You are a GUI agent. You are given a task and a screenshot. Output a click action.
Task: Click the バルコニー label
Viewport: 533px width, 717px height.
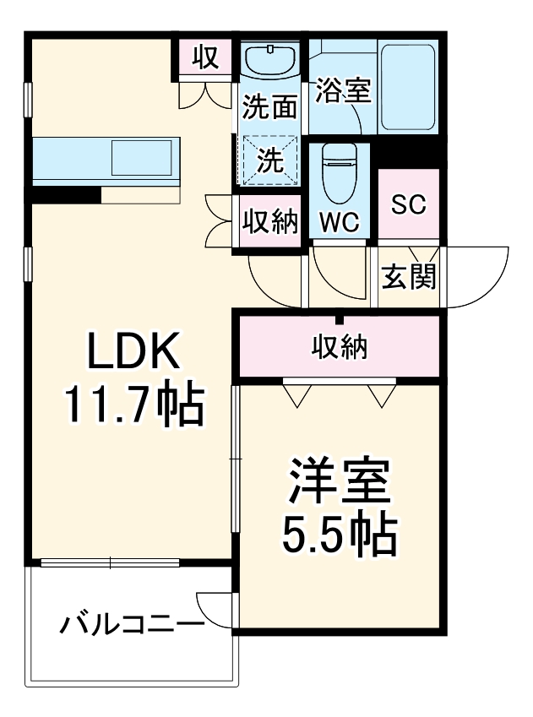click(131, 625)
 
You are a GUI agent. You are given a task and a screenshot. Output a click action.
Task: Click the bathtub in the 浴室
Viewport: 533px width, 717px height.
click(408, 88)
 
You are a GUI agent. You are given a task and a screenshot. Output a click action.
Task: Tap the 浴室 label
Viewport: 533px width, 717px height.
click(343, 91)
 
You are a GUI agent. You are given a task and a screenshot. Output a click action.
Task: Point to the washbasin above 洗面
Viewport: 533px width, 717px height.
click(270, 61)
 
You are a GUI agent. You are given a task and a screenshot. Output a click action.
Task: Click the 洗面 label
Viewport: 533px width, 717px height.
click(270, 107)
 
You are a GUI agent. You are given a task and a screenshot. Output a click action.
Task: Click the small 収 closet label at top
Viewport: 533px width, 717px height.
click(205, 57)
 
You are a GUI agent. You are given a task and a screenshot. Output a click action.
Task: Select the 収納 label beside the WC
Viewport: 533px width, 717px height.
click(270, 221)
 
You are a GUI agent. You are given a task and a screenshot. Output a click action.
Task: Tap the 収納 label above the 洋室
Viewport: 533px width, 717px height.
click(339, 345)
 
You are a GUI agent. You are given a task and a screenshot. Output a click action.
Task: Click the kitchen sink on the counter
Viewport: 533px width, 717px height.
click(143, 159)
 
